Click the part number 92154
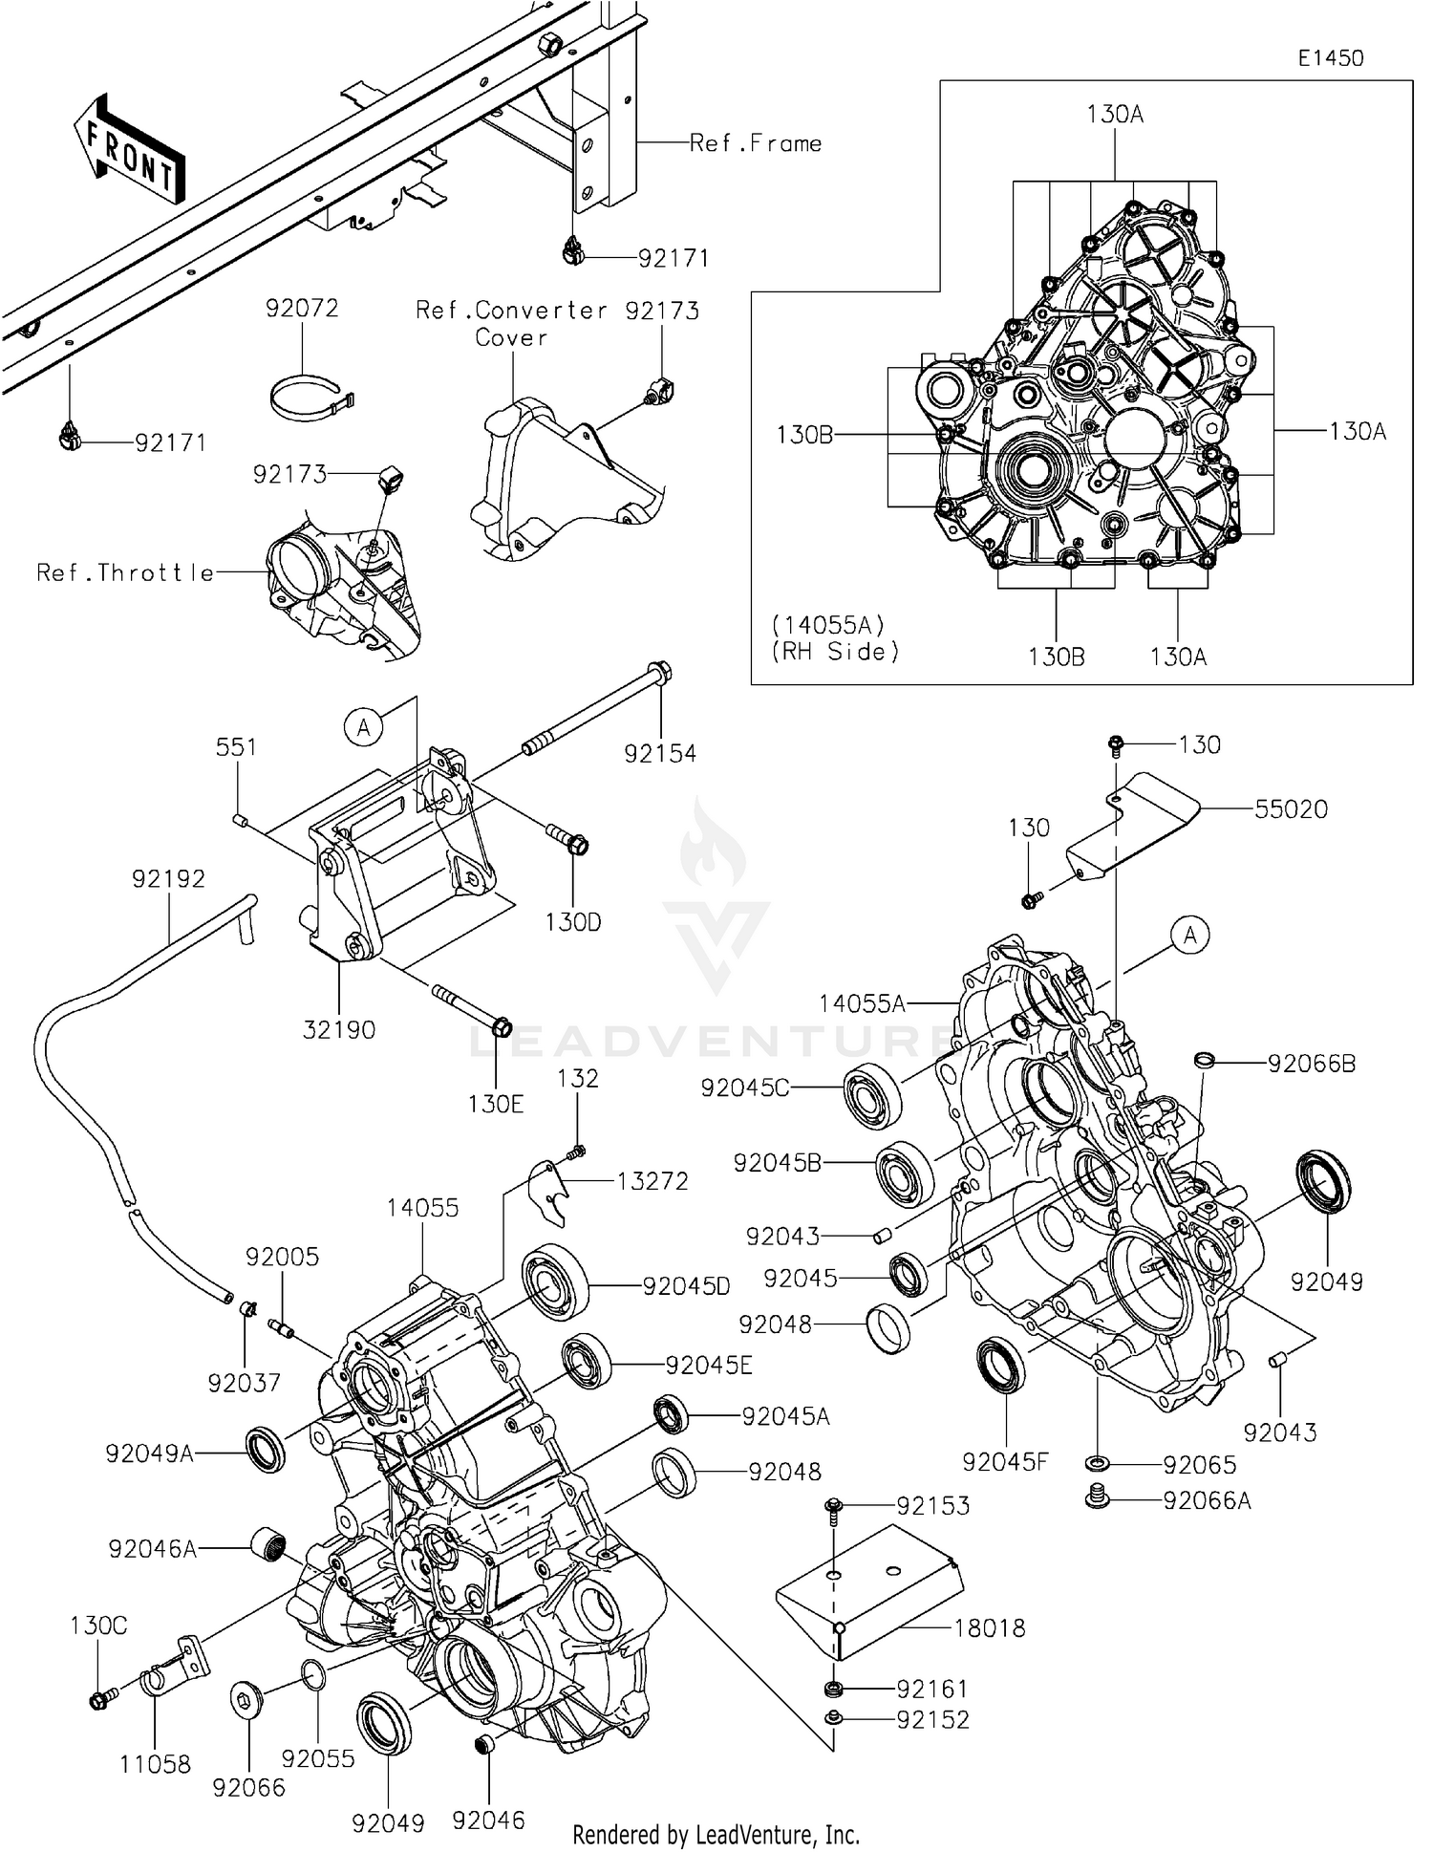[x=660, y=753]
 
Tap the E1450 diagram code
[x=1330, y=58]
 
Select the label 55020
[x=1291, y=808]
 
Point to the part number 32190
[x=339, y=1029]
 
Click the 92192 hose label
[x=169, y=877]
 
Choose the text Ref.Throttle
[x=125, y=572]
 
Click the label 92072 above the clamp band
[x=302, y=308]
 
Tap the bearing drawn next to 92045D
[x=554, y=1282]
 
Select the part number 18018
[x=990, y=1627]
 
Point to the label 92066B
[x=1311, y=1064]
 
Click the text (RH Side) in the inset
[x=835, y=652]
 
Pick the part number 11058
[x=155, y=1764]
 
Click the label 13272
[x=652, y=1181]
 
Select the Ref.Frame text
[x=756, y=143]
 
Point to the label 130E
[x=496, y=1104]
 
